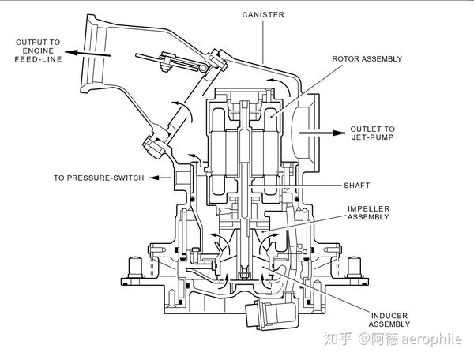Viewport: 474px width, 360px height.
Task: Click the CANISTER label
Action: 263,15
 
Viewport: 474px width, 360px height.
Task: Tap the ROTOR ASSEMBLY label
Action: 367,59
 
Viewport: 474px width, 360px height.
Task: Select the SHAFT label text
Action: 357,186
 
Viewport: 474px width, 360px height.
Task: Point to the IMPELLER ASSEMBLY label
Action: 368,213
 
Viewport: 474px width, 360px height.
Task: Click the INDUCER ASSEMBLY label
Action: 389,321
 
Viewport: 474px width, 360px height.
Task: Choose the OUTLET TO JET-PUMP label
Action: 372,133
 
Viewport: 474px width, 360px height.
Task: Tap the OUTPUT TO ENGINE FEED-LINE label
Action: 38,51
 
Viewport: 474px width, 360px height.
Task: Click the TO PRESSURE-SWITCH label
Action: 99,178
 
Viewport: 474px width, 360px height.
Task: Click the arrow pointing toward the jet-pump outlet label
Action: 322,133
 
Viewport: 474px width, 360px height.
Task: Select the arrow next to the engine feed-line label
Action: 88,54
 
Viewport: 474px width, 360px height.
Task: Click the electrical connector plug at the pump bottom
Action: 270,313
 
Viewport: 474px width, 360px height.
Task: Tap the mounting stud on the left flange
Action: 135,268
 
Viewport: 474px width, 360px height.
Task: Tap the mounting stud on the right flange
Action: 355,268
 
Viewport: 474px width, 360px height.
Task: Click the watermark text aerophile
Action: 431,339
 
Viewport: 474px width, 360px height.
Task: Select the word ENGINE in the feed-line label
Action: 38,51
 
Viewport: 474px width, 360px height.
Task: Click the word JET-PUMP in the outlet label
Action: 372,137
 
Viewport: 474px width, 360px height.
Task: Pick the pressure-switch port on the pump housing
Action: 182,178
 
